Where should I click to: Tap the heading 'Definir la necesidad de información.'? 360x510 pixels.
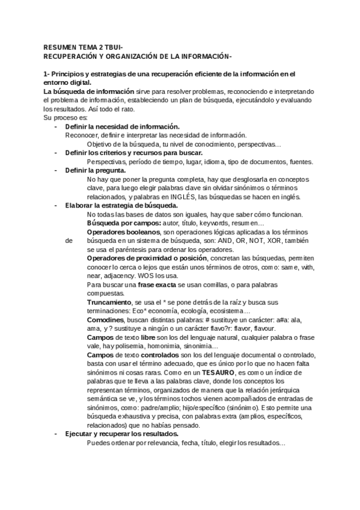tap(123, 127)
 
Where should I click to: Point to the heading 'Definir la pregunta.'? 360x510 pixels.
tap(95, 171)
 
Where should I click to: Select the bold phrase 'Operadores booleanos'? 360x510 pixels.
tap(124, 232)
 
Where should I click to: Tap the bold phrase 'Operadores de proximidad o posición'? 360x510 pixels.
tap(147, 258)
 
